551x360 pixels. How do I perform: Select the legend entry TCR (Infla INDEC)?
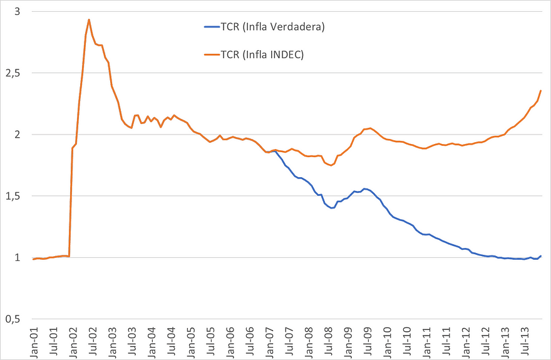coord(262,55)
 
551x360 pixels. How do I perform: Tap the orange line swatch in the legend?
coord(212,55)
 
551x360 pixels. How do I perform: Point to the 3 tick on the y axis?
coord(17,12)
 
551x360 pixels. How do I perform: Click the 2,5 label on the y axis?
coord(13,73)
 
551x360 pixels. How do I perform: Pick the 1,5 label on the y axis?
coord(13,196)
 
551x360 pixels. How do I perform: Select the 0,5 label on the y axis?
coord(13,319)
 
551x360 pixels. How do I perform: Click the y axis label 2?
coord(17,135)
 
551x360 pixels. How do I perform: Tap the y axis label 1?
coord(17,257)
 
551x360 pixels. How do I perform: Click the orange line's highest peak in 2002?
coord(89,19)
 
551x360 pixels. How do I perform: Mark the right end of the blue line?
coord(541,255)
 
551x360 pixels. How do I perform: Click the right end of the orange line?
coord(541,91)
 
